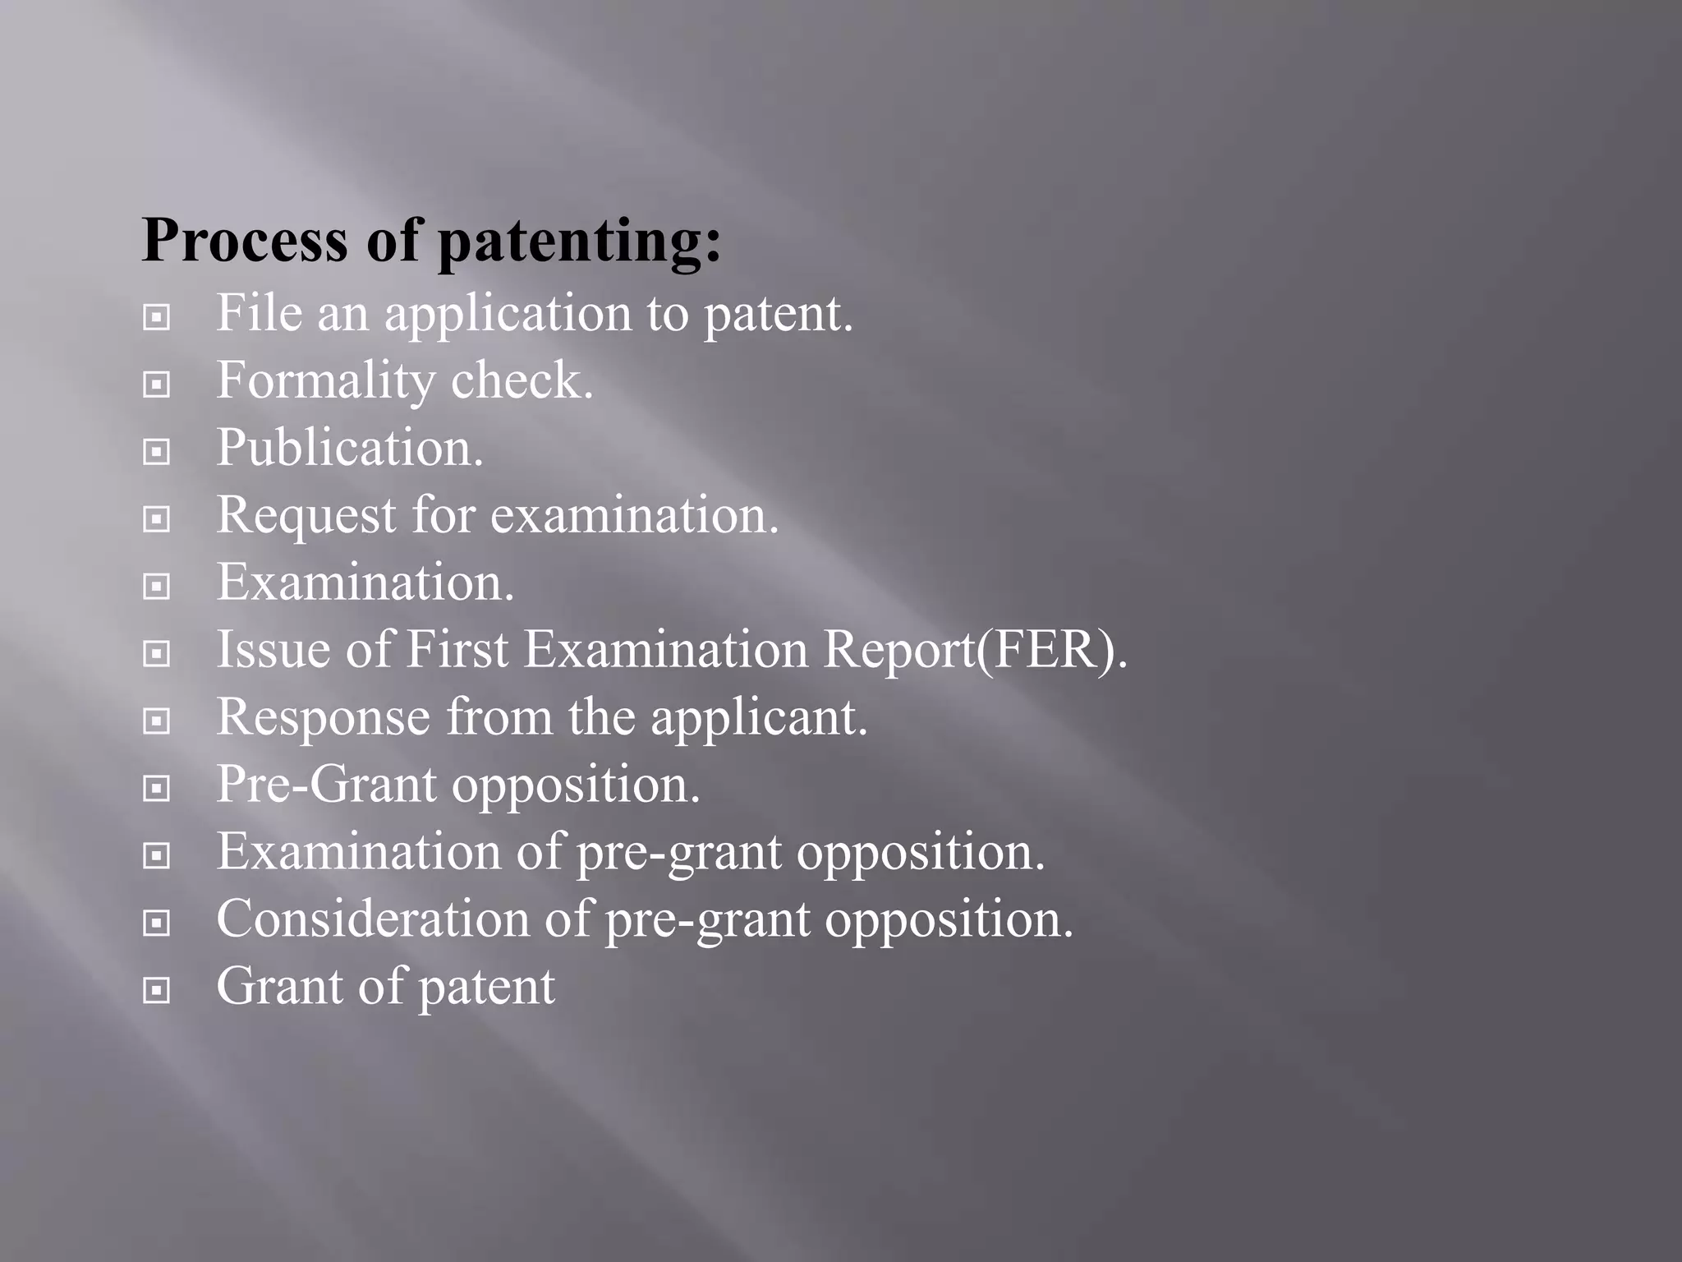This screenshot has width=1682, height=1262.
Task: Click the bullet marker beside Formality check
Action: click(156, 384)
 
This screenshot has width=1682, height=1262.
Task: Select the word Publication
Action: click(350, 448)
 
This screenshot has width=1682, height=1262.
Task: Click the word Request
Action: click(306, 516)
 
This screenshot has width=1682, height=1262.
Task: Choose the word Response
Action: click(324, 717)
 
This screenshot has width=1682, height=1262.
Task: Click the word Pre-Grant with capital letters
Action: click(326, 785)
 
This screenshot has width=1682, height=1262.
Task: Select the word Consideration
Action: click(373, 919)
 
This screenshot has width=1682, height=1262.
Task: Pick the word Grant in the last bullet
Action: click(279, 986)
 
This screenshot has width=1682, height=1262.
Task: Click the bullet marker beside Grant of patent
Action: click(156, 990)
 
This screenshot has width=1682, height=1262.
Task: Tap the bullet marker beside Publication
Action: click(156, 451)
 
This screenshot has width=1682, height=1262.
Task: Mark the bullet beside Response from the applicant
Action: click(156, 721)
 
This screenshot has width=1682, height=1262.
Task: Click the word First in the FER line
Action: click(457, 650)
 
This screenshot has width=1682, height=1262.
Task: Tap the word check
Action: click(522, 380)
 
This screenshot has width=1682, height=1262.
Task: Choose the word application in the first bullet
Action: click(508, 315)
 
